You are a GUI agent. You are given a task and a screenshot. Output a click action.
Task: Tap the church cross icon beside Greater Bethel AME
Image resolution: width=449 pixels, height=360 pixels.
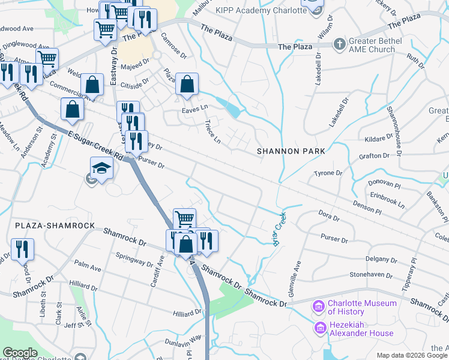[x=339, y=44]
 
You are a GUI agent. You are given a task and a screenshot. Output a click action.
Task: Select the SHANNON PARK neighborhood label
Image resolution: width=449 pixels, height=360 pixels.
[x=291, y=151]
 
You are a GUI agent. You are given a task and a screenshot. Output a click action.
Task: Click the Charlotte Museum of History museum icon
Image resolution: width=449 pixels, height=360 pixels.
[x=318, y=307]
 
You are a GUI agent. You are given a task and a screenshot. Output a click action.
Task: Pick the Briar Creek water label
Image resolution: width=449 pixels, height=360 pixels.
[x=279, y=226]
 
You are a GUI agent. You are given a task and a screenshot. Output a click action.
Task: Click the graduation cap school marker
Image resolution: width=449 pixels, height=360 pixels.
[x=101, y=169]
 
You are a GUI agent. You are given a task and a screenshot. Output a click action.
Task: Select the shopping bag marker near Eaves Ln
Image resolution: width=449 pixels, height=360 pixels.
[x=187, y=85]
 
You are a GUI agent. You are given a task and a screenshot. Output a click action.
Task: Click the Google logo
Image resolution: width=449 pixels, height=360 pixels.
[x=20, y=353]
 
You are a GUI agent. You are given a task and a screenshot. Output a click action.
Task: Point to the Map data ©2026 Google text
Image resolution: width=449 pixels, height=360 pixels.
[x=412, y=355]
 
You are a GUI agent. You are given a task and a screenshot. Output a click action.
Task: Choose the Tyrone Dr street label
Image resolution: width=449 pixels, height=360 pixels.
[x=328, y=173]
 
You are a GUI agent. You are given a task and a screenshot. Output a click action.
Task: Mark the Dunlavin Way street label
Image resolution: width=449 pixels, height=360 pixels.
[x=183, y=340]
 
